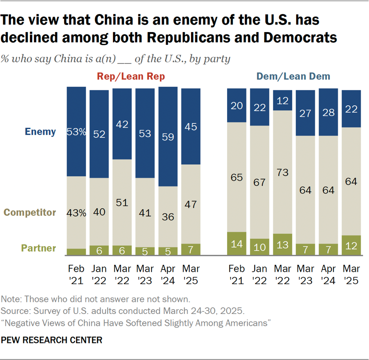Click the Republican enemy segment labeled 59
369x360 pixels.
168,137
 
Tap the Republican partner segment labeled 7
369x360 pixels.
191,249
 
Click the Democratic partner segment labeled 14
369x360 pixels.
236,243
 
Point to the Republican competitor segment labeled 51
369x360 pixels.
122,202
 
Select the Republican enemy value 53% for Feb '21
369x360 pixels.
76,131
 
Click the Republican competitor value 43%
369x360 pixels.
76,212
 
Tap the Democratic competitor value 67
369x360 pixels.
259,182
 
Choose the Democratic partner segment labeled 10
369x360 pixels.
259,247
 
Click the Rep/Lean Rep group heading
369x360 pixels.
130,77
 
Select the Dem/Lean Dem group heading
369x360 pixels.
293,77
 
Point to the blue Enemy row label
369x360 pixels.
40,132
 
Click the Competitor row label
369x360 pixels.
29,212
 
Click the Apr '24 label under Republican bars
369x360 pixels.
168,274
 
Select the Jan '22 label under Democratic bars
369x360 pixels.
259,274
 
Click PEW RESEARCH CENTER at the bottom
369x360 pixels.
52,340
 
